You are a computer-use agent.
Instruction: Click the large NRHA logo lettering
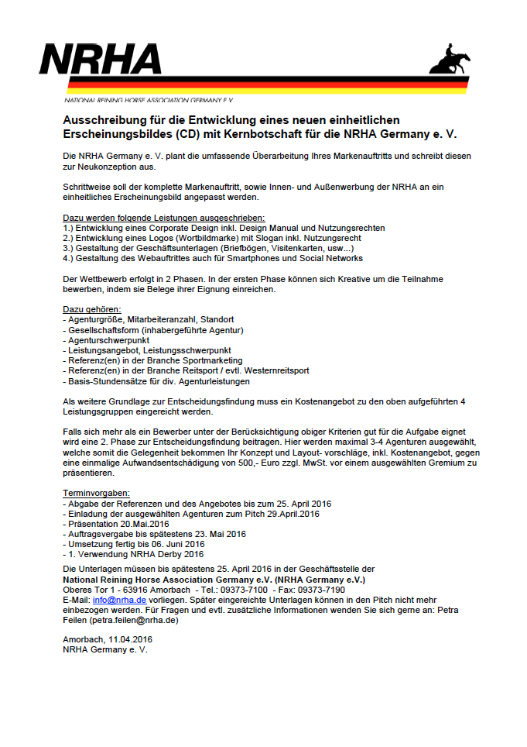click(x=101, y=60)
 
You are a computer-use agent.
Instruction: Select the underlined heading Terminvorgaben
click(x=96, y=493)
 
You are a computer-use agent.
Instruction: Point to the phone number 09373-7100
click(x=252, y=590)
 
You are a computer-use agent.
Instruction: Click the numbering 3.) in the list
click(x=68, y=248)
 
